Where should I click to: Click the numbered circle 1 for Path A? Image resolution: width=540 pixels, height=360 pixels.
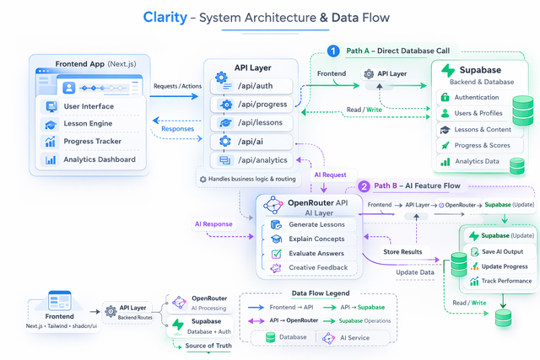point(334,51)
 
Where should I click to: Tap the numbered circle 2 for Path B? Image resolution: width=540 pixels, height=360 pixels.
point(364,186)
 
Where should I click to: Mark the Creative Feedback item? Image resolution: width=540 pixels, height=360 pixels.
point(316,267)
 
